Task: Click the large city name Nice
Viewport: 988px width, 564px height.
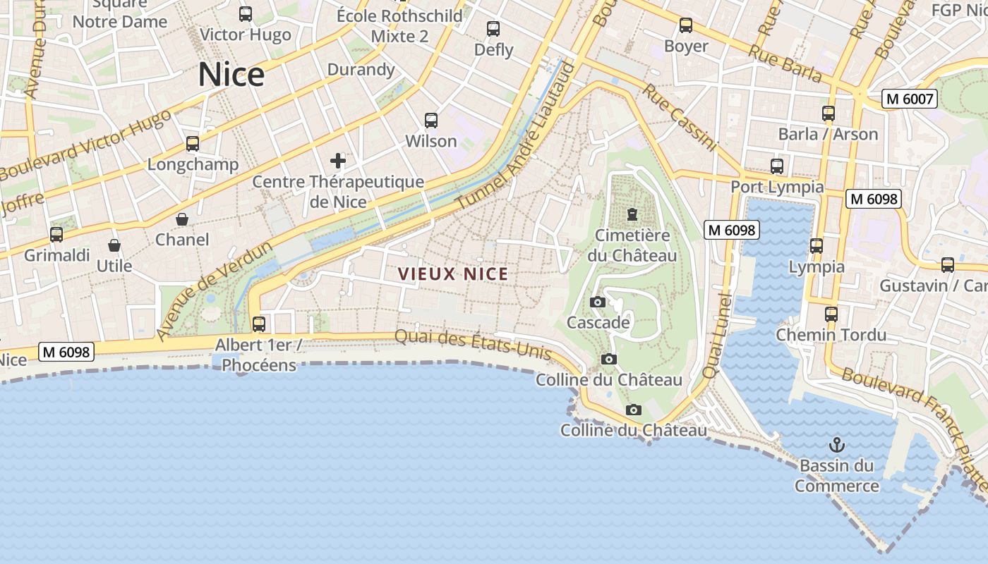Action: pyautogui.click(x=231, y=75)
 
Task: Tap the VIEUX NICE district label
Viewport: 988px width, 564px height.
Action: pyautogui.click(x=452, y=274)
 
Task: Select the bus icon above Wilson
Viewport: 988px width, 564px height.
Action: pyautogui.click(x=431, y=121)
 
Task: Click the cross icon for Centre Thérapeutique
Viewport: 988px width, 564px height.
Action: pyautogui.click(x=338, y=161)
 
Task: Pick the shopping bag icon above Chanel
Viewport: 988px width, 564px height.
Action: pyautogui.click(x=182, y=219)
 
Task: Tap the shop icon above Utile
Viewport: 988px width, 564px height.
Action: pyautogui.click(x=114, y=245)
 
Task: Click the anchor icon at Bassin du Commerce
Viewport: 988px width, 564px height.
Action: pyautogui.click(x=836, y=445)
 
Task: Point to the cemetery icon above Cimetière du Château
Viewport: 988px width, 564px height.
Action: pyautogui.click(x=632, y=214)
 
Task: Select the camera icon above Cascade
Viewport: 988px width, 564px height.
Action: pyautogui.click(x=598, y=302)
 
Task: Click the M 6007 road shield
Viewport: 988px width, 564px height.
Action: pyautogui.click(x=910, y=99)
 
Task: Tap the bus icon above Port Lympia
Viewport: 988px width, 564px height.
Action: pyautogui.click(x=777, y=166)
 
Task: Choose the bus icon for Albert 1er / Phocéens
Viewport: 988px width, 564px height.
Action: pyautogui.click(x=259, y=324)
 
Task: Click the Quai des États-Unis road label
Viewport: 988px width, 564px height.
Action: pyautogui.click(x=472, y=345)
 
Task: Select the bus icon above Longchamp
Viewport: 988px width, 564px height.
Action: pyautogui.click(x=193, y=144)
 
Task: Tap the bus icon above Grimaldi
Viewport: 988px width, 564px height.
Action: pyautogui.click(x=56, y=235)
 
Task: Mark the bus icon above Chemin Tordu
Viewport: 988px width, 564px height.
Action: pyautogui.click(x=831, y=314)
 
